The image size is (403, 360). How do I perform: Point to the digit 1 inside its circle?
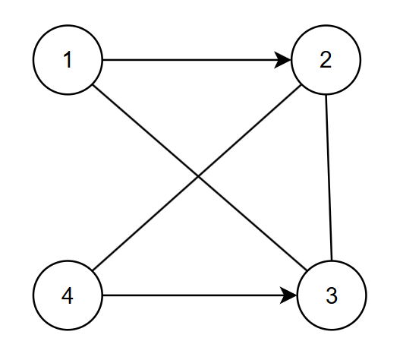tap(68, 60)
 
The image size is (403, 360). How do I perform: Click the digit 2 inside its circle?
tap(326, 60)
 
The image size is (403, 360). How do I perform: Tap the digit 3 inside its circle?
tap(332, 295)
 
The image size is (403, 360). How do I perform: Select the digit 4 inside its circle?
tap(68, 295)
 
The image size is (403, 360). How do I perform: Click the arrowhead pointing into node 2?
tap(283, 60)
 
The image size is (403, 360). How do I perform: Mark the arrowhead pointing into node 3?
tap(288, 295)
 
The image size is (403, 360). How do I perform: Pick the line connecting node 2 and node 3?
tap(329, 178)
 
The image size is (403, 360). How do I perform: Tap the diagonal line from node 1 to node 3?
tap(200, 178)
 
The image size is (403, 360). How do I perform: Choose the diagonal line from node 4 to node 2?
tap(197, 178)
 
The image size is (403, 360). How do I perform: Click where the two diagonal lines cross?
tap(198, 176)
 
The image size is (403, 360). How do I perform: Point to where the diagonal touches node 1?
tap(93, 85)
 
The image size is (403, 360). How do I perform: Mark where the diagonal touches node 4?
tap(93, 270)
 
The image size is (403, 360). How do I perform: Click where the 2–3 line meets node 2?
tap(326, 95)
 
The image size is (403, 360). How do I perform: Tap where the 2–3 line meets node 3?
tap(332, 260)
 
